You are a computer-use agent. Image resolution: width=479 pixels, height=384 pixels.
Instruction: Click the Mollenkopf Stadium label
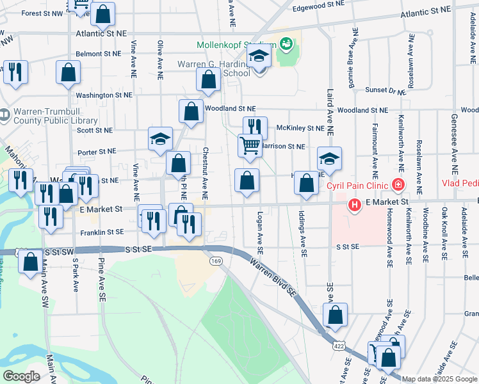coord(236,45)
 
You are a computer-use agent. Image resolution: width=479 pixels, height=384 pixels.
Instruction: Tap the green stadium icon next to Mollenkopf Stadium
coord(285,44)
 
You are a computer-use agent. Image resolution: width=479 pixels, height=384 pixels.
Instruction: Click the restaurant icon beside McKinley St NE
coord(255,127)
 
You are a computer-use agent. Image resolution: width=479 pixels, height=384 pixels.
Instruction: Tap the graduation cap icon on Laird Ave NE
coord(329,158)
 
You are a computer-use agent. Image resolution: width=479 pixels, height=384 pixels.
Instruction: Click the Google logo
coord(21,376)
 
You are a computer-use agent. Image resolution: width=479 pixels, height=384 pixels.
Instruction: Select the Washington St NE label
coord(104,95)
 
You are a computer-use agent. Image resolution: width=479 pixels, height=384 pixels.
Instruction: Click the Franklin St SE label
coord(106,232)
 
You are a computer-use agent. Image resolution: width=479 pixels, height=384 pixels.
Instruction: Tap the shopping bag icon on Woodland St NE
coord(191,111)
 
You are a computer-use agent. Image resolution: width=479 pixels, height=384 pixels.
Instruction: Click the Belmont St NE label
coord(99,54)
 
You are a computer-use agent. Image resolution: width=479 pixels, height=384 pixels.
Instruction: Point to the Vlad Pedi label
coord(460,183)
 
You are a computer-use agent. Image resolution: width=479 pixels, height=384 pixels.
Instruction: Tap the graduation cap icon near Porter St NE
coord(160,138)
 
